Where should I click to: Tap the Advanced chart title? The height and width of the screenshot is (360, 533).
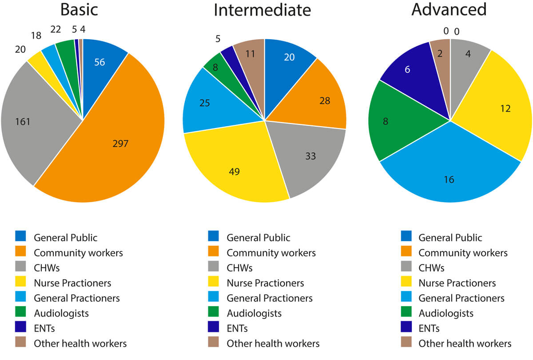click(x=449, y=10)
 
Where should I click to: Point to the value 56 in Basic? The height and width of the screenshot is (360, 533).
click(x=99, y=62)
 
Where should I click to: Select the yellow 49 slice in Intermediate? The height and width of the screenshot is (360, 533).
click(x=235, y=171)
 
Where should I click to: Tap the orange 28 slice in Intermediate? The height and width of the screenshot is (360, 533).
click(x=325, y=100)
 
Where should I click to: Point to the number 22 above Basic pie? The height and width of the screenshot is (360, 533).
click(x=56, y=28)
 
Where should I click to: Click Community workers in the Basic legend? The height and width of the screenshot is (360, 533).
click(x=78, y=253)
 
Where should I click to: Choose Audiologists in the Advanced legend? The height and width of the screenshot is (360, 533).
click(x=446, y=313)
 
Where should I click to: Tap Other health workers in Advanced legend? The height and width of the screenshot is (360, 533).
click(x=465, y=344)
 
